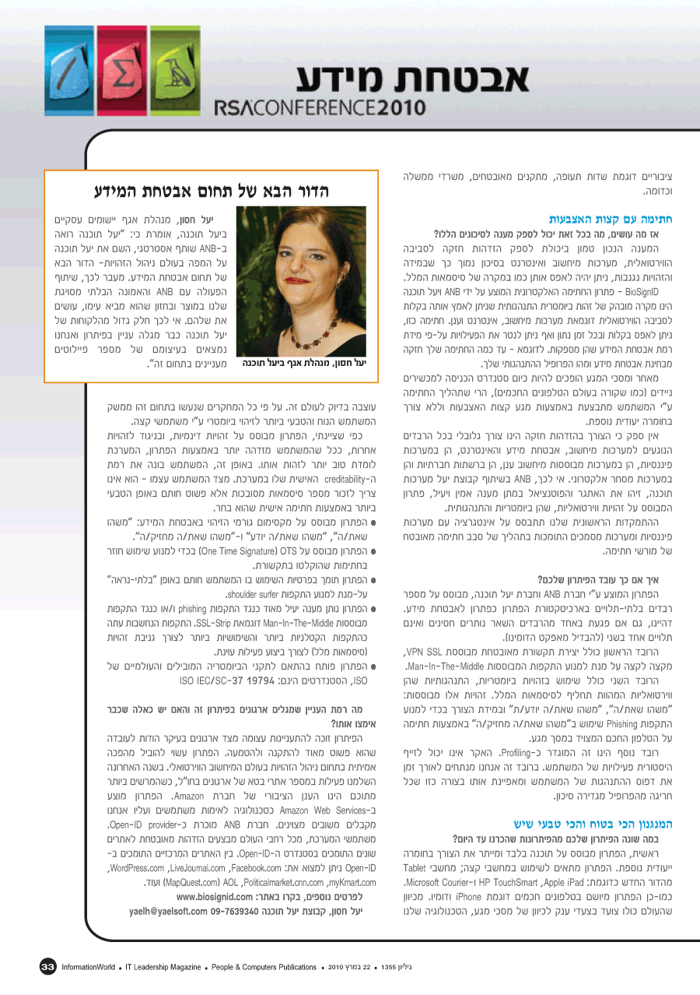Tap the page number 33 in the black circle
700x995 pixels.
coord(48,967)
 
